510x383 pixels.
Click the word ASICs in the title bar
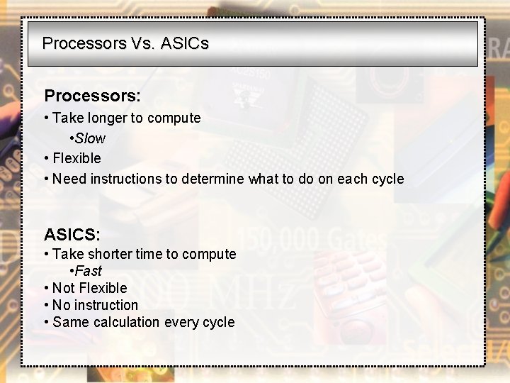(x=185, y=43)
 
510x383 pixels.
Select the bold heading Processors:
(x=92, y=95)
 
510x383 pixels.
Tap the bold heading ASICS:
(x=72, y=234)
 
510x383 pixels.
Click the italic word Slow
(x=90, y=138)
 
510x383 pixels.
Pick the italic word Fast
(x=89, y=271)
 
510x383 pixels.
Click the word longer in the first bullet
(x=107, y=118)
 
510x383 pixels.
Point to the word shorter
(x=112, y=254)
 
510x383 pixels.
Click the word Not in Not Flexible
(x=64, y=288)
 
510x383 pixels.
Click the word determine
(x=212, y=179)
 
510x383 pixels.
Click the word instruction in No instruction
(x=106, y=305)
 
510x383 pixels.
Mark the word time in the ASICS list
(x=154, y=254)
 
